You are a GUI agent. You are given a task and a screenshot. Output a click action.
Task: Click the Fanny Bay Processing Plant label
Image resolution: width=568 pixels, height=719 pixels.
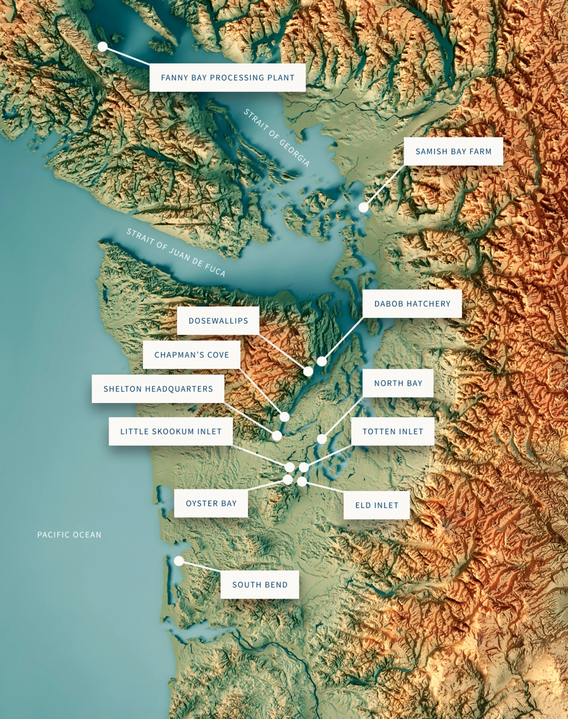pos(227,77)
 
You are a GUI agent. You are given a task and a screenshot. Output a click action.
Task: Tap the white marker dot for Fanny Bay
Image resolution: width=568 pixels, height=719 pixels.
pos(103,47)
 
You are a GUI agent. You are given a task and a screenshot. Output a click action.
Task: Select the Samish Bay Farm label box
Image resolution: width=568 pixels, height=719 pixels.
pos(453,151)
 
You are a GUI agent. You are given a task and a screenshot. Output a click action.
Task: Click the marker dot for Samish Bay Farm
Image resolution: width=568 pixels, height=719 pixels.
pos(363,207)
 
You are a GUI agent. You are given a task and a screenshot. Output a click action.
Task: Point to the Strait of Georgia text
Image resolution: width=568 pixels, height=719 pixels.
pos(277,137)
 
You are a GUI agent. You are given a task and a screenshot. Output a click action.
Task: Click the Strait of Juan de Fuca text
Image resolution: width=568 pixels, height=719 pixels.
pos(176,252)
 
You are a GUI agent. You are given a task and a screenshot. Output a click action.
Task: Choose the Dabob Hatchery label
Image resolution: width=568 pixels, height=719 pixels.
pos(412,304)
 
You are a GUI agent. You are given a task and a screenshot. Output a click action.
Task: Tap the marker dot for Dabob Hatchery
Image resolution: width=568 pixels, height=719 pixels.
pos(322,361)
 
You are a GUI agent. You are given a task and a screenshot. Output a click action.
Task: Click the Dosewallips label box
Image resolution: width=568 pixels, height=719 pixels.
pos(218,321)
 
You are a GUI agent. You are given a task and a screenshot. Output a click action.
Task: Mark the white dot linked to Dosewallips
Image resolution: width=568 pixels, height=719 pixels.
pos(308,371)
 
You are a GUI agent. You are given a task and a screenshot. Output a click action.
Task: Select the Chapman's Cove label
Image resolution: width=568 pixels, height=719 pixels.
pos(191,355)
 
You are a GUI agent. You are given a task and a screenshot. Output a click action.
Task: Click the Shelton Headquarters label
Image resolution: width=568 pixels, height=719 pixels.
pos(158,389)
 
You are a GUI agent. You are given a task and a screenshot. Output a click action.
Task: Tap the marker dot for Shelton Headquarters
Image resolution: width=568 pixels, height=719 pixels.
pos(277,436)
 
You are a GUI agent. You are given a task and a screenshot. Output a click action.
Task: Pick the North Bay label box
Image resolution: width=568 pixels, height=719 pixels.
pos(398,383)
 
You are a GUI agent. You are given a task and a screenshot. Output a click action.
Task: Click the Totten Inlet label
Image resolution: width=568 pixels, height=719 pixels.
pos(393,431)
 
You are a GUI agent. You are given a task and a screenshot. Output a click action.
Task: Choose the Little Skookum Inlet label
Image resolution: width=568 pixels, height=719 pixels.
pos(171,431)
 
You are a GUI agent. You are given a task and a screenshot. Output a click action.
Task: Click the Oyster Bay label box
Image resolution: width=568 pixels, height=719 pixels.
pos(211,503)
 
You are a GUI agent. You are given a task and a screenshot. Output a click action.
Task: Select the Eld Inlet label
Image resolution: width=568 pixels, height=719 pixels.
pos(377,505)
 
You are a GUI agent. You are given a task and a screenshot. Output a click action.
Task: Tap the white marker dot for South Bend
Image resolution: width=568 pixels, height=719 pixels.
pos(179,561)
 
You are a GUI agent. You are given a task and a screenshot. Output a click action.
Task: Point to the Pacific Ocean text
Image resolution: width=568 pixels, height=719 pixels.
pos(69,534)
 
